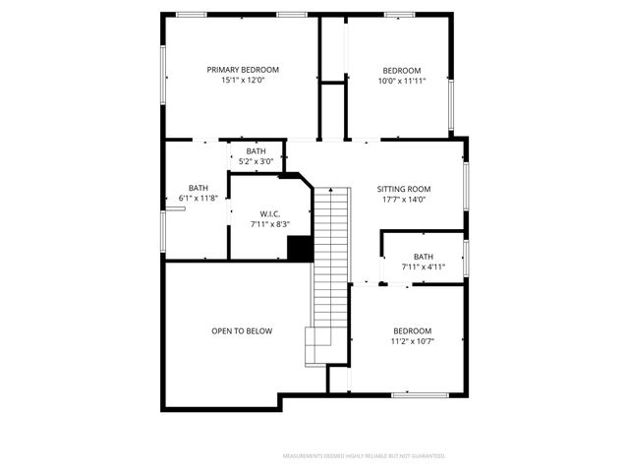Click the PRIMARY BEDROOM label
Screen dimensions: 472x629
243,70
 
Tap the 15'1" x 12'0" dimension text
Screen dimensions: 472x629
243,80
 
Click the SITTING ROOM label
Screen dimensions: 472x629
404,189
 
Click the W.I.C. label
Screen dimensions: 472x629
270,214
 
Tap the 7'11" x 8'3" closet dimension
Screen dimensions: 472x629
270,224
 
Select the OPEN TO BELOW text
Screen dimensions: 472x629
242,331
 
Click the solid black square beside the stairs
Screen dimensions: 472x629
300,248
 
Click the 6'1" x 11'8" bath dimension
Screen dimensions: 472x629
199,198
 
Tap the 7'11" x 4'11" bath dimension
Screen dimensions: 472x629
424,266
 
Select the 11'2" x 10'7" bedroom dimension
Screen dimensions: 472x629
412,341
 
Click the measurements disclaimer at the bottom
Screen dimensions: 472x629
364,456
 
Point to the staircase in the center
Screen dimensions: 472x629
331,265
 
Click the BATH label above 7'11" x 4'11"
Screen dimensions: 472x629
424,257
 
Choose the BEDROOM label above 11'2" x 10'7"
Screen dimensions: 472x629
412,331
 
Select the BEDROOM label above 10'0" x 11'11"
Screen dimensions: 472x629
402,70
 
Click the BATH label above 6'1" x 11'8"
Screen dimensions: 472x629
199,188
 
